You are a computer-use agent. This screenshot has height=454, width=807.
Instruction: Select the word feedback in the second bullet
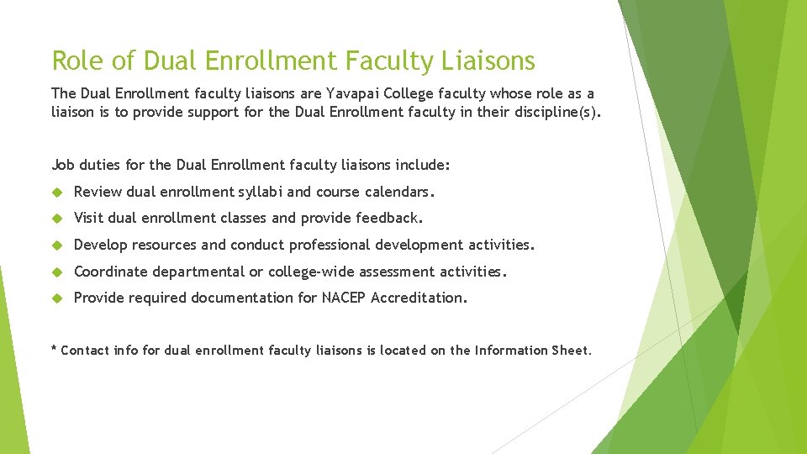pos(388,219)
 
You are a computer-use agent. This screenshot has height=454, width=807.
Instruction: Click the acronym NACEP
pos(344,298)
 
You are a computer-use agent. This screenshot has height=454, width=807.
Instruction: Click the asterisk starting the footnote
pos(55,349)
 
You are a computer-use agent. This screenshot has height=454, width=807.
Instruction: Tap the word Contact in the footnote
pos(85,351)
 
